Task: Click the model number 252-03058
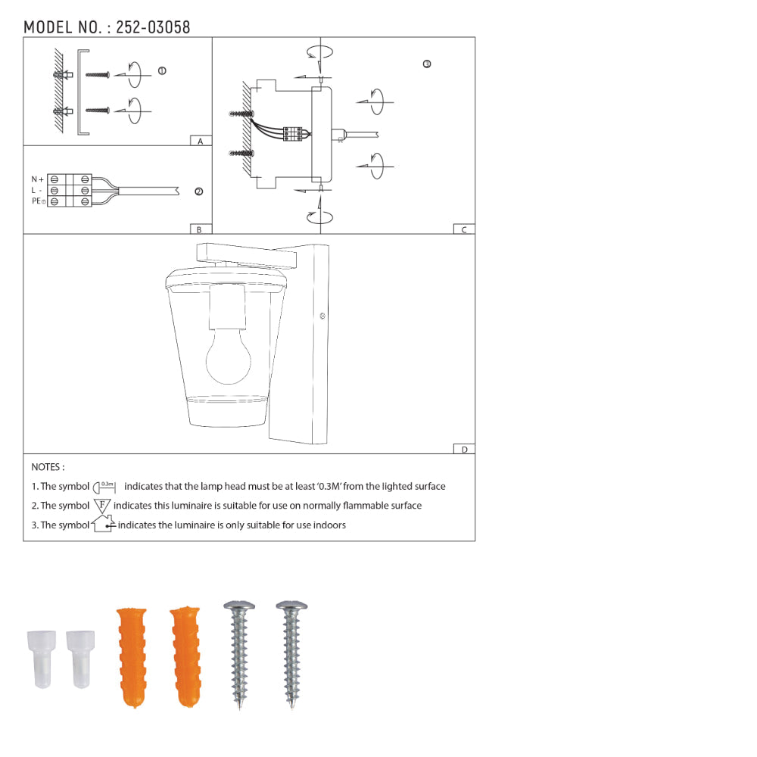click(x=153, y=27)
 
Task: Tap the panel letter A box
click(x=201, y=141)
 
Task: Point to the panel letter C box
click(x=464, y=229)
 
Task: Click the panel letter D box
click(x=464, y=449)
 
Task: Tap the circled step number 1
click(x=162, y=71)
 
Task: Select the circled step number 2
click(x=198, y=192)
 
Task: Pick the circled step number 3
click(x=427, y=64)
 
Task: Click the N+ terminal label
click(x=37, y=179)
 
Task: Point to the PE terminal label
click(x=38, y=201)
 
